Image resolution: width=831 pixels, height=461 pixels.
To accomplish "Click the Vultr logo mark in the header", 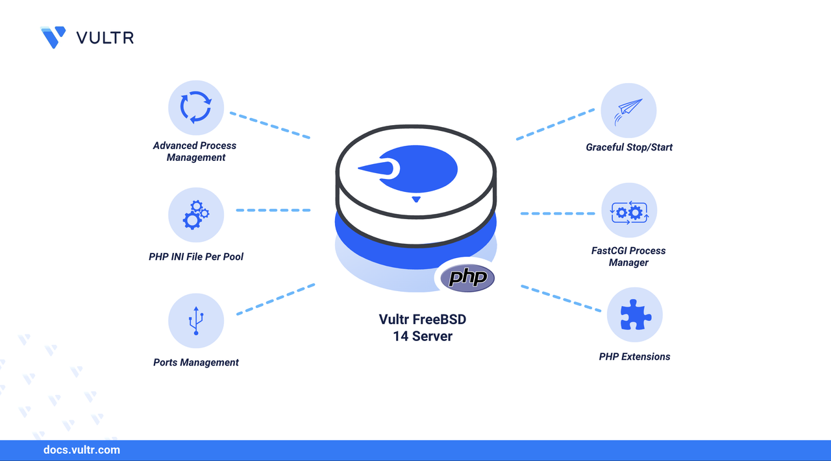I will (x=53, y=37).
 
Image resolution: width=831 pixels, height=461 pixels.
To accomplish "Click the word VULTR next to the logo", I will (x=105, y=38).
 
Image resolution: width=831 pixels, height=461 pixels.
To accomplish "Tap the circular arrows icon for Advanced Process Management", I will (x=195, y=107).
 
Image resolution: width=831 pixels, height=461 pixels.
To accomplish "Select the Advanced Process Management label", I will (x=195, y=151).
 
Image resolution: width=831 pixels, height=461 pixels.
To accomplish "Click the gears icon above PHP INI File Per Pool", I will (x=195, y=215).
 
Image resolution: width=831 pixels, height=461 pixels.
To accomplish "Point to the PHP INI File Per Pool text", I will (x=196, y=257).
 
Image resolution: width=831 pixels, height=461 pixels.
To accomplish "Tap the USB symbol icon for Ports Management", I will (x=195, y=321).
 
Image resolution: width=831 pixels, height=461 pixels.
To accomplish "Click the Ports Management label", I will (x=196, y=362).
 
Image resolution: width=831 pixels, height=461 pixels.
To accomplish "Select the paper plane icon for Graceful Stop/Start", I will (x=628, y=110).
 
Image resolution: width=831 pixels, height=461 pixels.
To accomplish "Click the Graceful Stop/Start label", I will (x=629, y=147).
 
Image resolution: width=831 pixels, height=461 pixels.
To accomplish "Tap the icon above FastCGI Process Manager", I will (x=628, y=211).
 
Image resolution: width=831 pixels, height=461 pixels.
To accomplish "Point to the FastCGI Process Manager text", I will (x=628, y=256).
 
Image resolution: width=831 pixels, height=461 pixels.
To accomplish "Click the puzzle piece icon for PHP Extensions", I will (x=634, y=316).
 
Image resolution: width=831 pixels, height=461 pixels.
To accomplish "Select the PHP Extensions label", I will (x=634, y=357).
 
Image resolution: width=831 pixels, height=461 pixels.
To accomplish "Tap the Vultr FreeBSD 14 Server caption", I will (x=423, y=327).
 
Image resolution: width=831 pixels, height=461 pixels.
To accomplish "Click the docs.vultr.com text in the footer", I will (x=82, y=449).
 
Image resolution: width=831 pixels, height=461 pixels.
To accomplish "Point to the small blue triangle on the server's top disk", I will (x=416, y=199).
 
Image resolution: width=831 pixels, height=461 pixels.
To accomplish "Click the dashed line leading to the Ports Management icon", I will (x=275, y=299).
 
